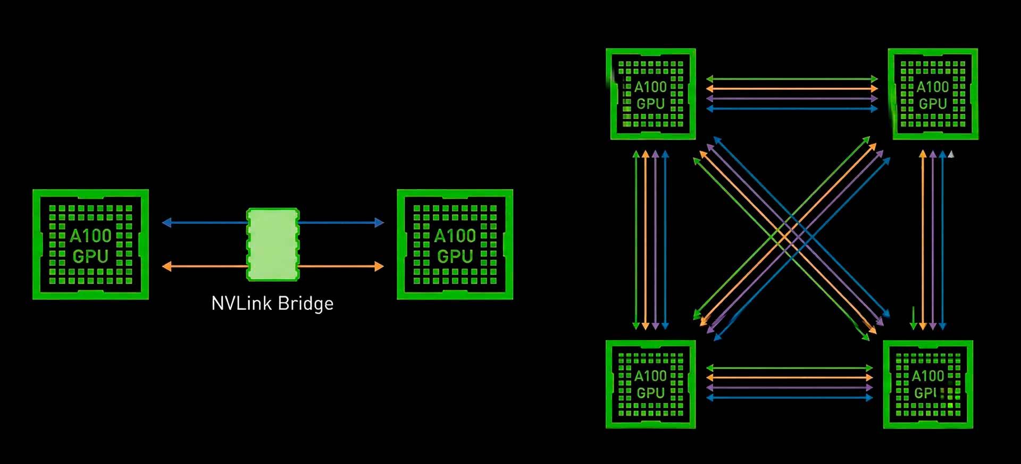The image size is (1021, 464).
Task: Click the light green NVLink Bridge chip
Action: (273, 244)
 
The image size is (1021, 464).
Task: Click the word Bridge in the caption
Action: (306, 303)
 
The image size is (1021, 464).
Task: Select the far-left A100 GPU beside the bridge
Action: (90, 244)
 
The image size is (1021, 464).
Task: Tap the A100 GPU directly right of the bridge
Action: (455, 244)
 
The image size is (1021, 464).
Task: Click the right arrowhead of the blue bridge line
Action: (379, 223)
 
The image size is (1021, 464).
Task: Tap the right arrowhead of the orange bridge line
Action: (379, 266)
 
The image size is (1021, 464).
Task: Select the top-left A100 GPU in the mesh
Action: (651, 94)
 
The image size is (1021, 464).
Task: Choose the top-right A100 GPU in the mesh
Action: (933, 94)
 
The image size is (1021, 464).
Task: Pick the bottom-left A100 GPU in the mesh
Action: (651, 384)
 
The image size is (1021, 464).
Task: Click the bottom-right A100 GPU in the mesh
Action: (928, 384)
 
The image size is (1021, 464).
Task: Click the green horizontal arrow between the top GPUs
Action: (791, 79)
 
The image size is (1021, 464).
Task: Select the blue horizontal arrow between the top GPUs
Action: (791, 109)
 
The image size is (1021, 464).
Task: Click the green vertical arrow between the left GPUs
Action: (636, 239)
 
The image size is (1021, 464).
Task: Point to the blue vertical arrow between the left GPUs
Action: (665, 239)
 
